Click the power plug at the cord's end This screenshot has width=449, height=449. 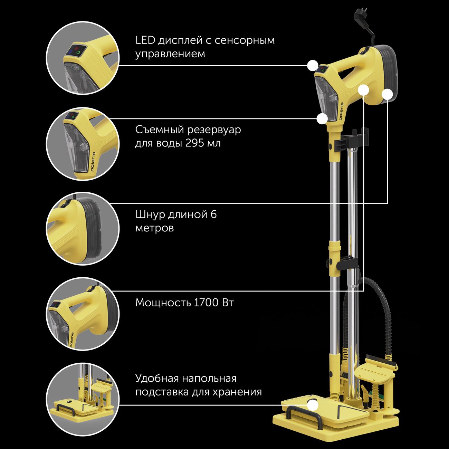[x=361, y=16]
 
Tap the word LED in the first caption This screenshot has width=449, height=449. [x=145, y=40]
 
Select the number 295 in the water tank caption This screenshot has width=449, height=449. [x=195, y=143]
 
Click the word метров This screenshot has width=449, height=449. [x=155, y=228]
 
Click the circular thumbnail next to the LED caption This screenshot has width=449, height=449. [x=83, y=58]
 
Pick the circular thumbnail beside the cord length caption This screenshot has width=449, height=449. [x=83, y=229]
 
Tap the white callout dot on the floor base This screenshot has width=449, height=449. [x=313, y=405]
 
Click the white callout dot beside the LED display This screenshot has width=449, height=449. [x=313, y=66]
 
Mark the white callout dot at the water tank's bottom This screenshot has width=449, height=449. [x=322, y=118]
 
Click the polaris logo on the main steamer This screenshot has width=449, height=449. [x=341, y=111]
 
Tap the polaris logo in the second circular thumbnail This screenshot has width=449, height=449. [x=93, y=162]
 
